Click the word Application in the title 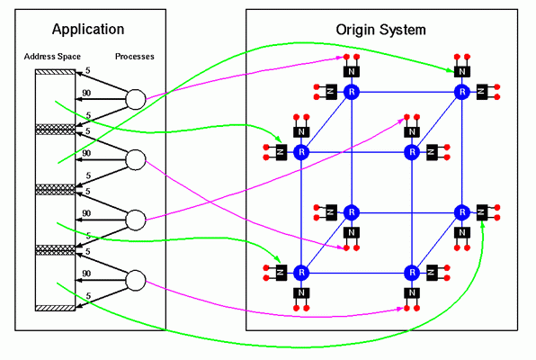(88, 30)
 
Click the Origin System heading (380, 30)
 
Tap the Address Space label (52, 57)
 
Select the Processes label (135, 57)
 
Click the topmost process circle (136, 100)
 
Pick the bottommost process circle (136, 280)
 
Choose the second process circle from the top (136, 160)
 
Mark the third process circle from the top (136, 220)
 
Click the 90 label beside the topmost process (86, 93)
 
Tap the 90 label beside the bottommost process (86, 274)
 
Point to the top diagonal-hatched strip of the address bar (55, 72)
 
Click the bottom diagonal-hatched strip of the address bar (55, 308)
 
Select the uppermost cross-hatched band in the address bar (55, 130)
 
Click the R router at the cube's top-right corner (462, 92)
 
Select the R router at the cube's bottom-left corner (301, 273)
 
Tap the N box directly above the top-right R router (462, 71)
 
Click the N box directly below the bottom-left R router (301, 292)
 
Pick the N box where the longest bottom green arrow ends (482, 212)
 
